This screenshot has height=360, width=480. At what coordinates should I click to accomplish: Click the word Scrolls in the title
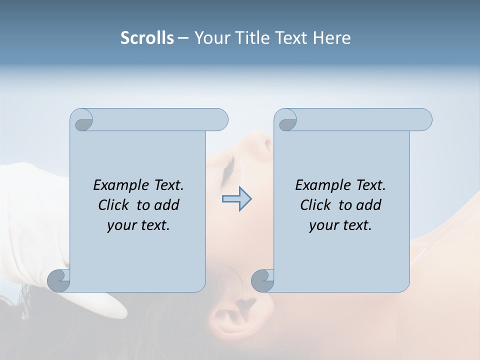click(147, 38)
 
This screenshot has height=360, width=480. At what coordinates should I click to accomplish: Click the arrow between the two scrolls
click(236, 199)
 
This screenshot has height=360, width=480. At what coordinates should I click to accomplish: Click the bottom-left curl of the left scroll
click(58, 280)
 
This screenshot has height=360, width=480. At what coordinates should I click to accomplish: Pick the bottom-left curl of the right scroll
click(262, 280)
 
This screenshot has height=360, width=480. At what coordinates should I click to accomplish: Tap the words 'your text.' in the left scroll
click(138, 225)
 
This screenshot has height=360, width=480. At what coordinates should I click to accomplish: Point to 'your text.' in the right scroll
click(340, 225)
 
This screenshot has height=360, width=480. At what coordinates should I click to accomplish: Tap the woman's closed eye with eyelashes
click(228, 170)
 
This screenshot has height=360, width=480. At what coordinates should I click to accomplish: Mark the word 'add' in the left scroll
click(167, 205)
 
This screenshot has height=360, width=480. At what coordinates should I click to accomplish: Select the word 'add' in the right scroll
click(369, 205)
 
